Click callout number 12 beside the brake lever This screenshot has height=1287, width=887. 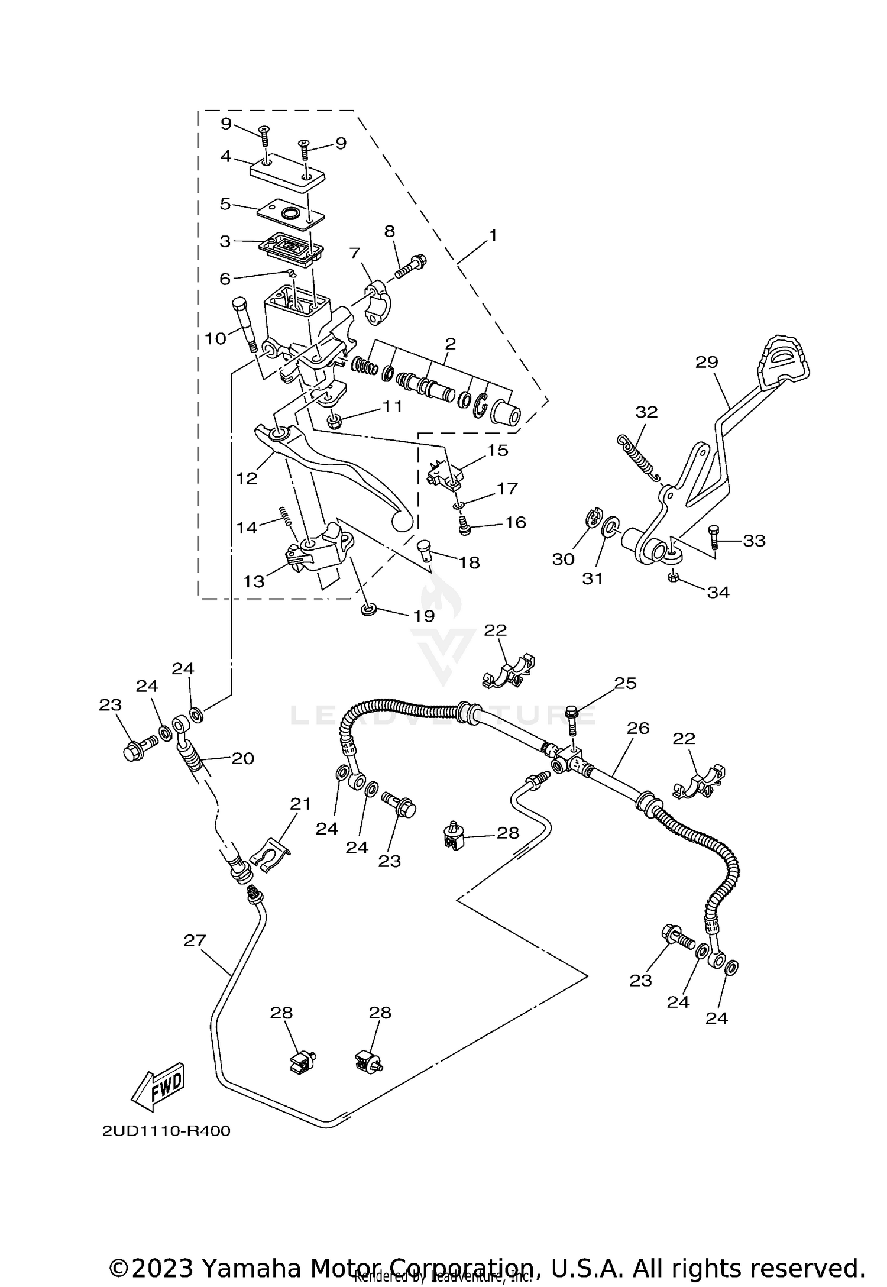pyautogui.click(x=247, y=478)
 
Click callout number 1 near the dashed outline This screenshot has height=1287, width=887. pyautogui.click(x=492, y=235)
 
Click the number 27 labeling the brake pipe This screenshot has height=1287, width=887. pyautogui.click(x=195, y=940)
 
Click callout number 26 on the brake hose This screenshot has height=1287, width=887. pyautogui.click(x=638, y=728)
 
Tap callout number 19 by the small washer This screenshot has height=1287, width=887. pyautogui.click(x=424, y=616)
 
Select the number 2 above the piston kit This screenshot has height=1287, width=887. pyautogui.click(x=450, y=343)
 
